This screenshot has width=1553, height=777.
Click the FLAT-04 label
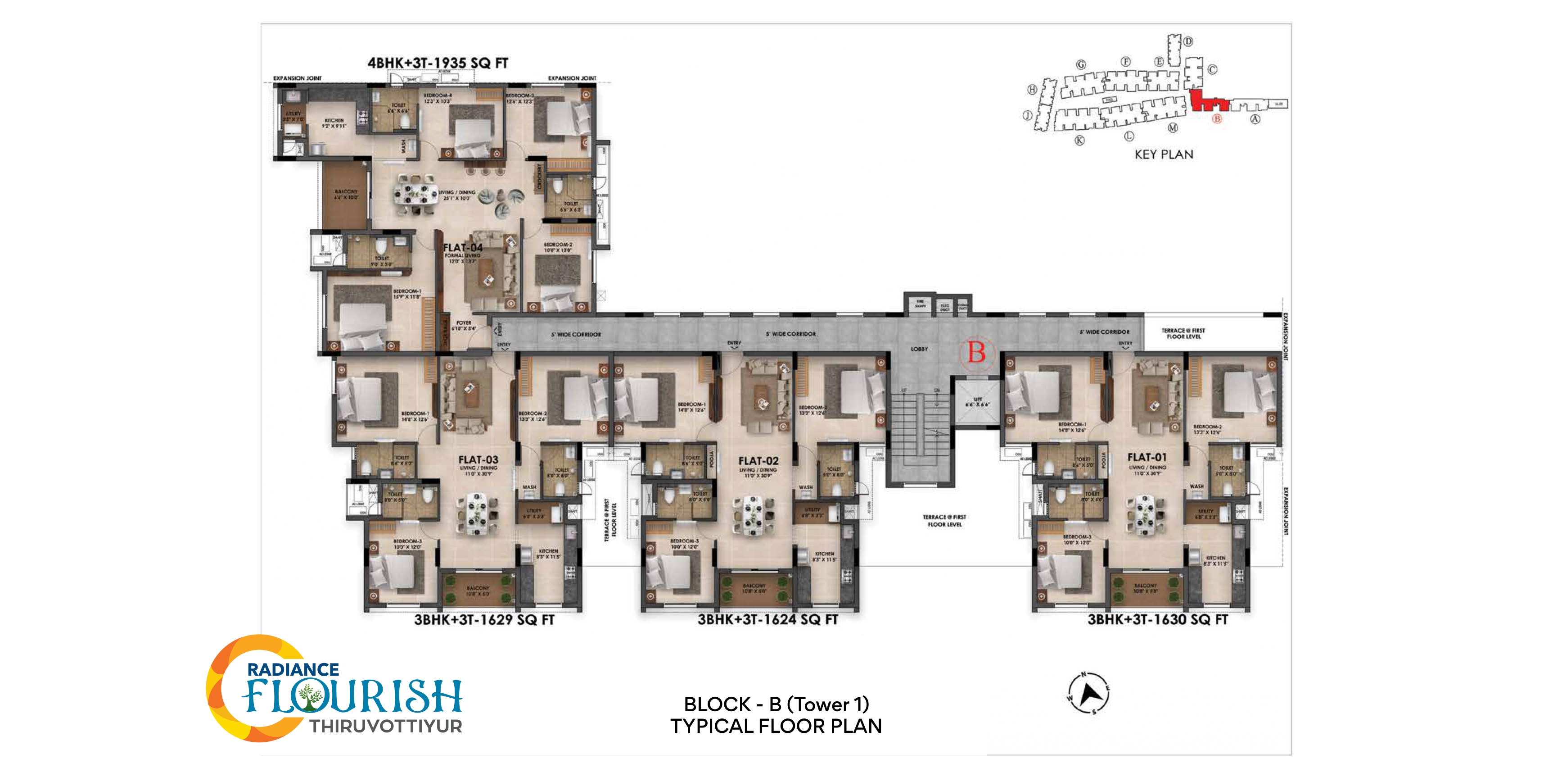point(462,247)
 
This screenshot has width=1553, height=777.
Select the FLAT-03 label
point(478,460)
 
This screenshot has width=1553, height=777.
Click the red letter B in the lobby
point(976,352)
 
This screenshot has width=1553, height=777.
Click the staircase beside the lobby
point(919,425)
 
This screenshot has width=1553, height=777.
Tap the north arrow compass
point(1089,694)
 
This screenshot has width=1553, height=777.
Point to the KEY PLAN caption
point(1164,154)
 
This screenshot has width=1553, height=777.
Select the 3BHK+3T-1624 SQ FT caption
point(767,619)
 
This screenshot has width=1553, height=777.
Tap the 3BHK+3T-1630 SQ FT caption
point(1157,619)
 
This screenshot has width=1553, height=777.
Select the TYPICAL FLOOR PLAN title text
point(776,726)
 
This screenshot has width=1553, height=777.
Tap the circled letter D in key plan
point(1187,41)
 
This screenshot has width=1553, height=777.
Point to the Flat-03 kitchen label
point(548,554)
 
